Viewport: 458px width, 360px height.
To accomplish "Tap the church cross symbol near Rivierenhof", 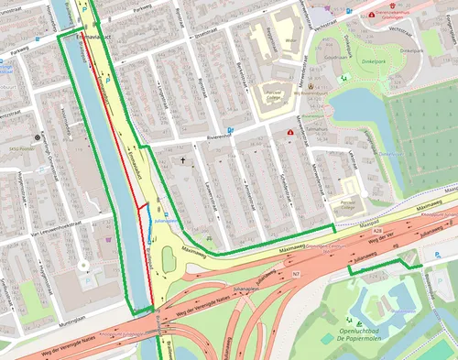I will click(182, 161).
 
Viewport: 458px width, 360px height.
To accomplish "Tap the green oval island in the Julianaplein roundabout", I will click(166, 256).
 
